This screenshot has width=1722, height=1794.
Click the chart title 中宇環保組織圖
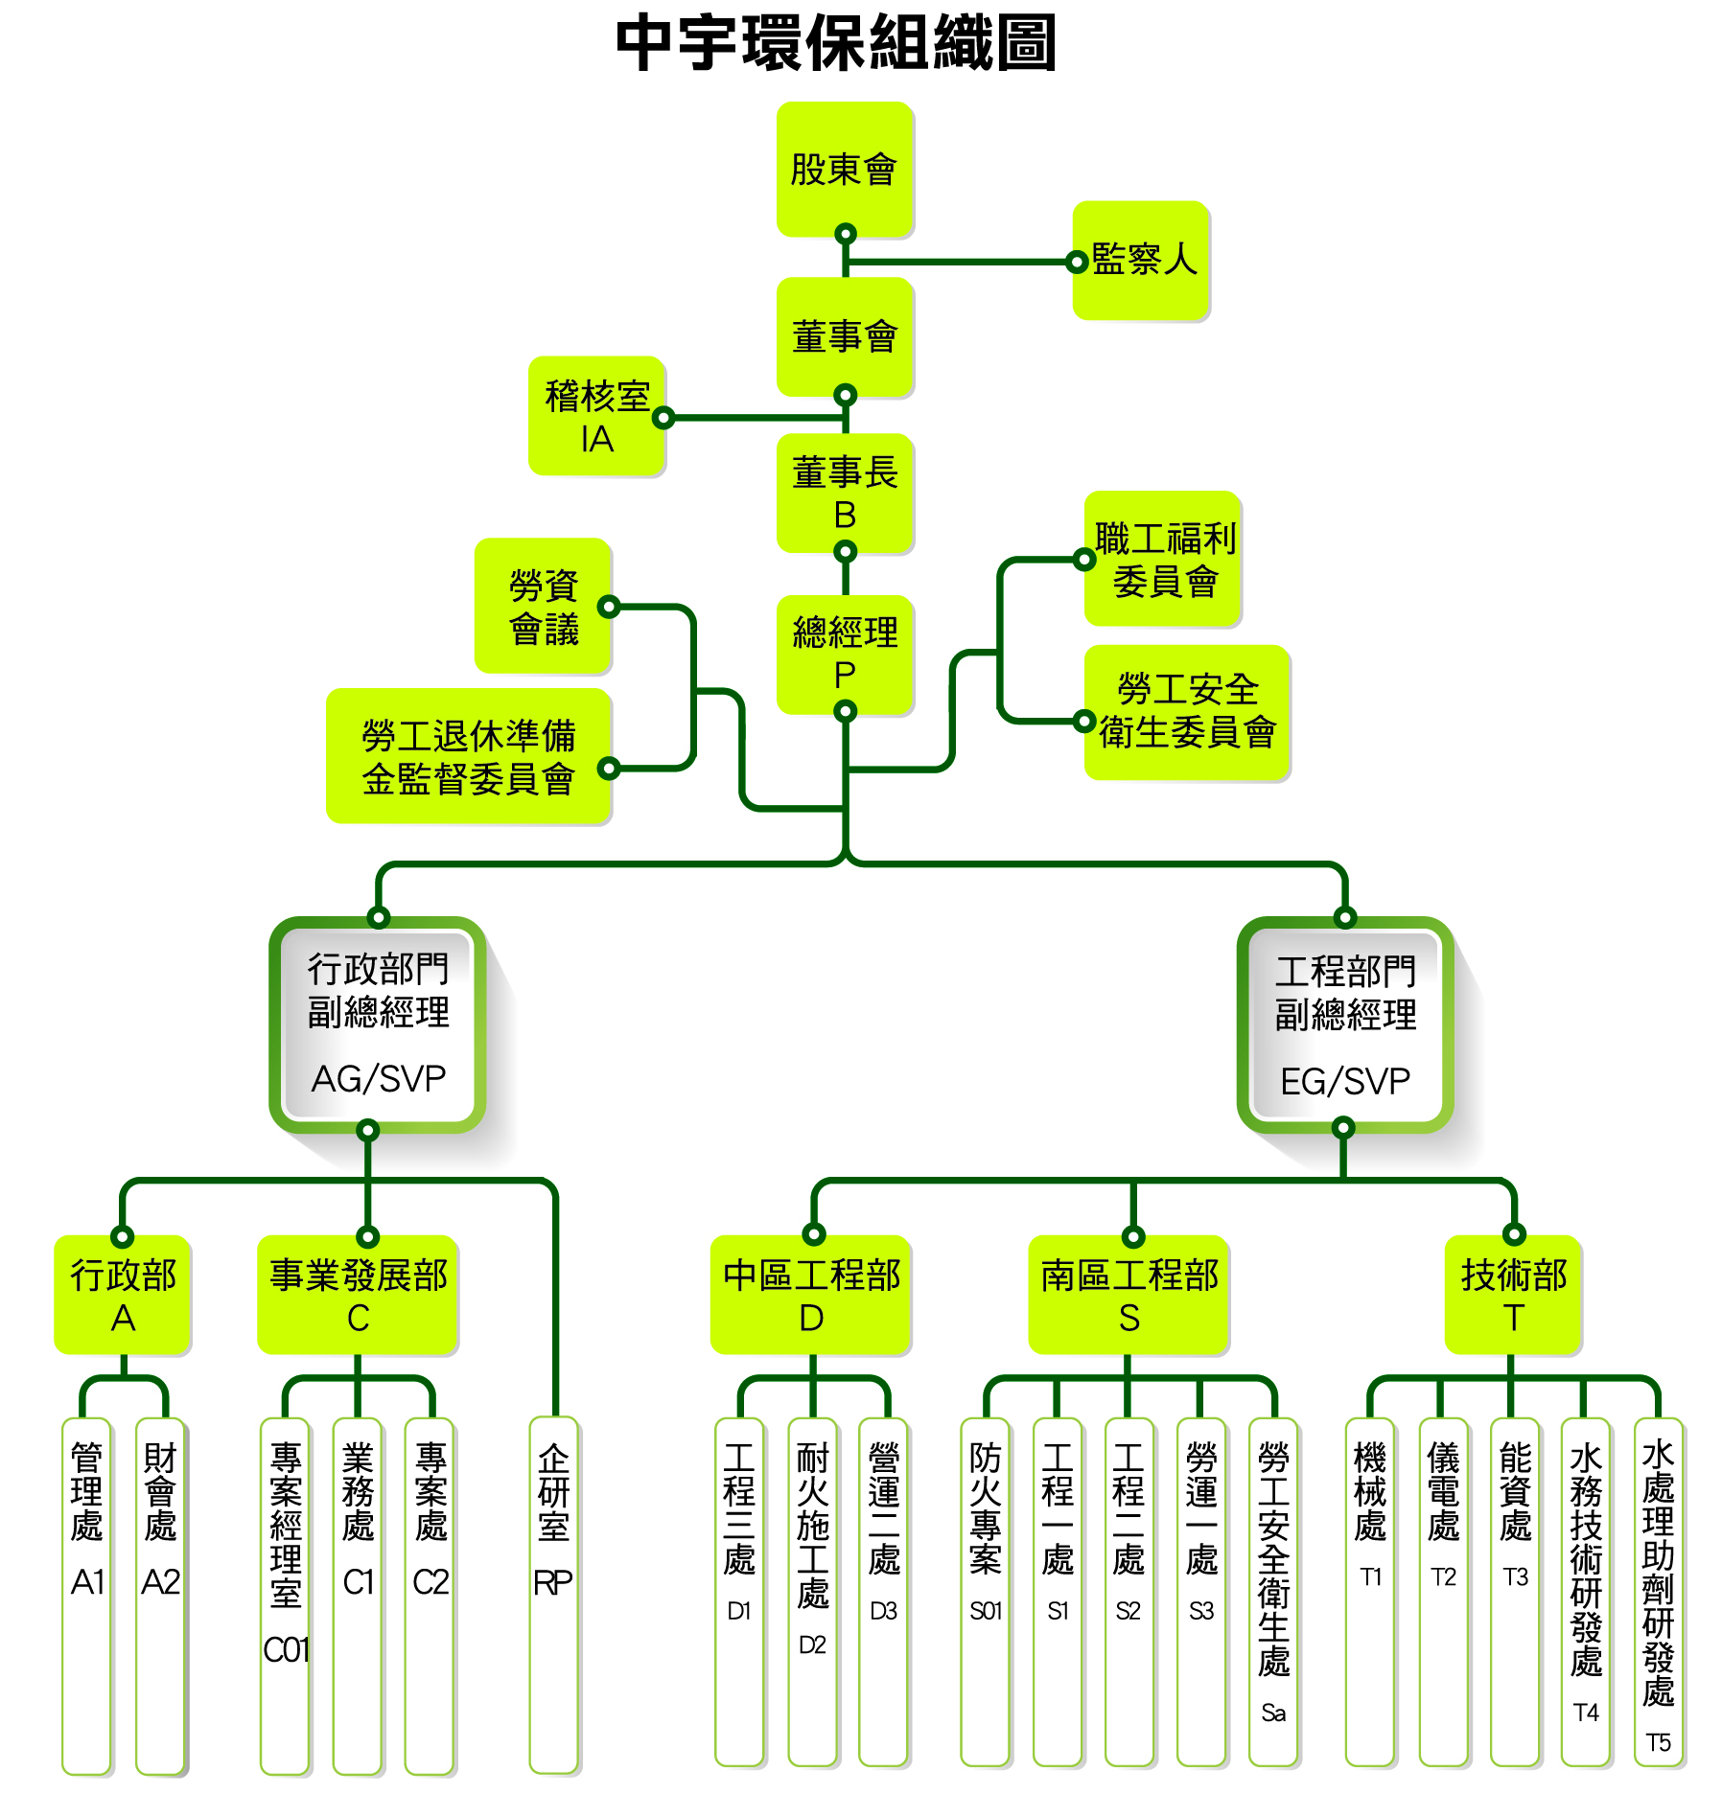pyautogui.click(x=835, y=43)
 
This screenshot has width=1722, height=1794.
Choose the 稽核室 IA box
pyautogui.click(x=596, y=416)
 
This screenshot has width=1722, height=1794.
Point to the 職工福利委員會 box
pyautogui.click(x=1164, y=559)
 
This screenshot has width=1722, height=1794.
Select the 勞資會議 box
pyautogui.click(x=544, y=606)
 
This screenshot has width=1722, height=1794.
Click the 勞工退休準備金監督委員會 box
pyautogui.click(x=469, y=756)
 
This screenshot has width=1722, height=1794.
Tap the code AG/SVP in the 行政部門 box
pyautogui.click(x=379, y=1079)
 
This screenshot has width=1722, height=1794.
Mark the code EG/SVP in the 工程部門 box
pyautogui.click(x=1345, y=1082)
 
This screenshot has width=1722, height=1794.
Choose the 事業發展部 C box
pyautogui.click(x=358, y=1295)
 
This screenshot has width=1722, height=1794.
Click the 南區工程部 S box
pyautogui.click(x=1129, y=1295)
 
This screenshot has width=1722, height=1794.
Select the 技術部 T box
pyautogui.click(x=1513, y=1295)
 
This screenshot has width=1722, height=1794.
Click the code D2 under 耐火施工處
pyautogui.click(x=812, y=1644)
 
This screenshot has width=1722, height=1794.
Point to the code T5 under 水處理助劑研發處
pyautogui.click(x=1658, y=1742)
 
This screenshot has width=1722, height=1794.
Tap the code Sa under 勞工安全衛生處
pyautogui.click(x=1273, y=1713)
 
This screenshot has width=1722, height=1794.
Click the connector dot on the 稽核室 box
pyautogui.click(x=663, y=418)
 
